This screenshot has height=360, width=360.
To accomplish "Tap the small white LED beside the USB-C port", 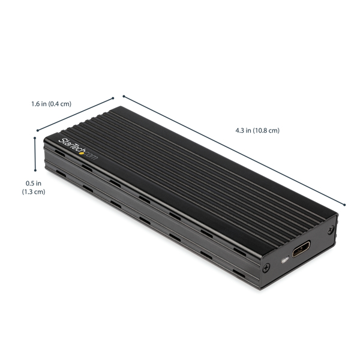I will point(285,260).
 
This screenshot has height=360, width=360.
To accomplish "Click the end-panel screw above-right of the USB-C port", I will point(331,230).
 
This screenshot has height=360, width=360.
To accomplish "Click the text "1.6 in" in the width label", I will point(40,104).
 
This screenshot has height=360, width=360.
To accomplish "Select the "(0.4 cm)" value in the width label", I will point(61,104).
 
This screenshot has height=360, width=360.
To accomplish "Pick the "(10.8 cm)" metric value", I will point(266,130).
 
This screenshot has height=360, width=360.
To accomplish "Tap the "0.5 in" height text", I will point(33,184).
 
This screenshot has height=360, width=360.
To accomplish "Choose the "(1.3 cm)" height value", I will point(33,192).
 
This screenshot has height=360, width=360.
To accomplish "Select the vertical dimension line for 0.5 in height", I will point(36,154).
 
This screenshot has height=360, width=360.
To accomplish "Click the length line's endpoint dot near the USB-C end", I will point(345,204).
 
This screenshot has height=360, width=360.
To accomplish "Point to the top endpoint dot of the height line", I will point(36,137).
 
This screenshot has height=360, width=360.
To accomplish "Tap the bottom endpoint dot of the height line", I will point(36,170).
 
